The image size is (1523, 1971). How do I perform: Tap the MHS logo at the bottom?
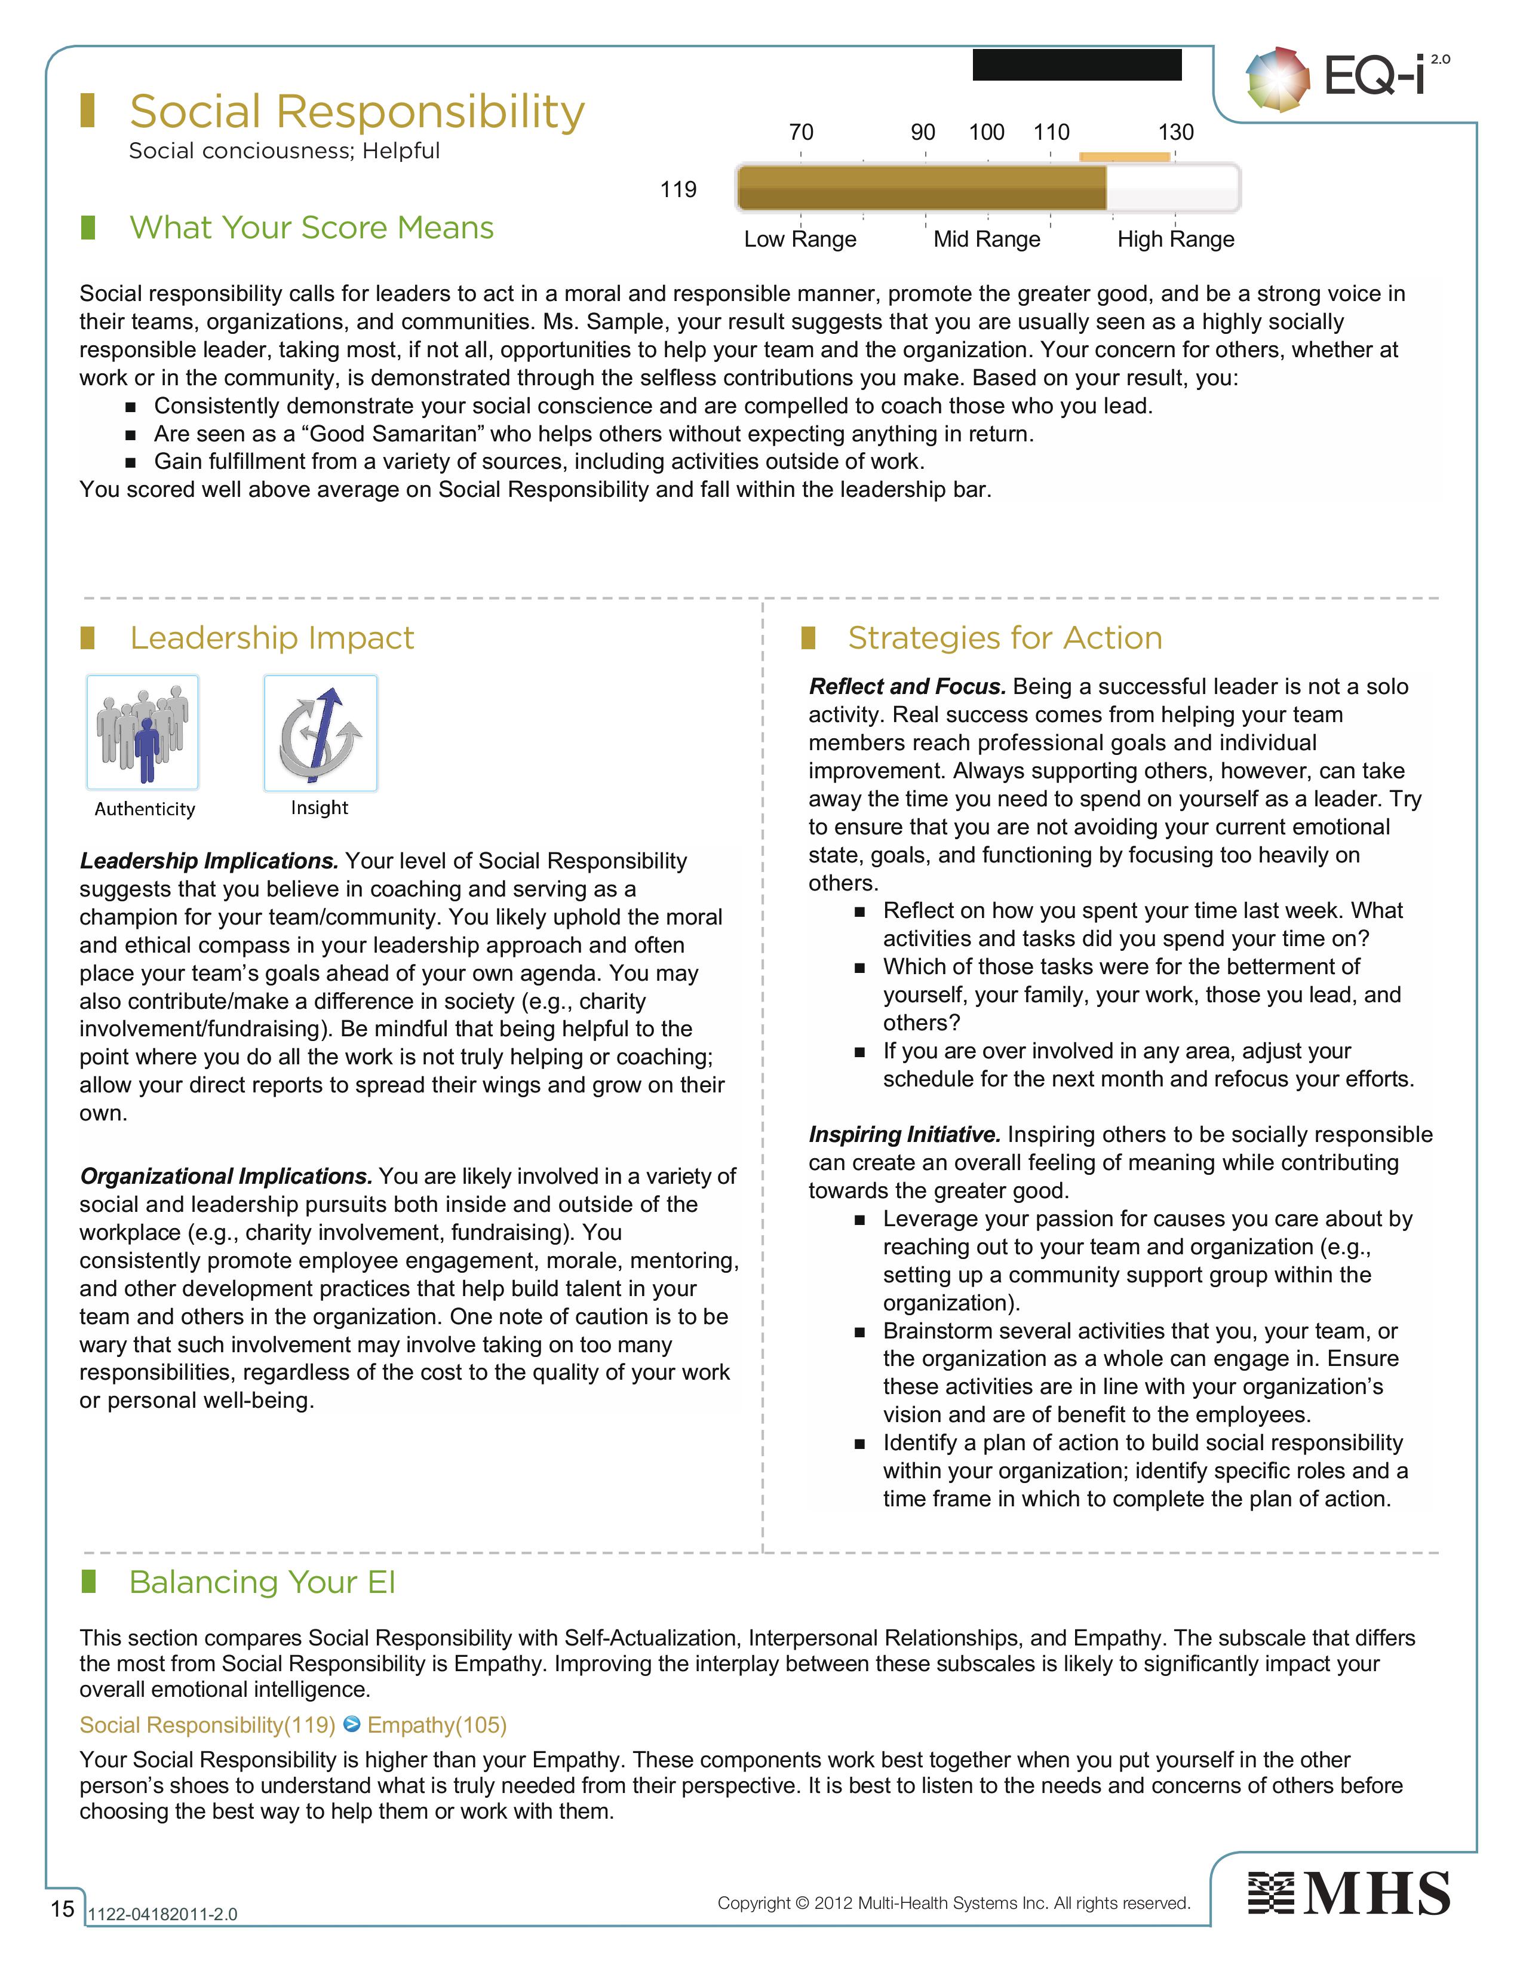[1348, 1893]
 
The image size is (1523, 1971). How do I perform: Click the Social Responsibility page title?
[357, 112]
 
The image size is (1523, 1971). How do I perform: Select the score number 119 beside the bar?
[678, 189]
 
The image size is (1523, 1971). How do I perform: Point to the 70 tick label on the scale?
[800, 133]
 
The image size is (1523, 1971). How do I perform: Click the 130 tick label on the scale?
[1175, 133]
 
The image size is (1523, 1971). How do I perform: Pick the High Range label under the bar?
[1175, 239]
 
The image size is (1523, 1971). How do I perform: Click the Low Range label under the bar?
[799, 239]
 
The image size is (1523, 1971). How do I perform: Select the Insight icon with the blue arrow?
[320, 733]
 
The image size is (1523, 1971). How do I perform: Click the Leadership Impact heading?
[272, 638]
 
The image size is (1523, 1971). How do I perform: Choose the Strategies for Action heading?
[1004, 638]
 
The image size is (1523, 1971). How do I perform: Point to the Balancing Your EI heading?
[262, 1583]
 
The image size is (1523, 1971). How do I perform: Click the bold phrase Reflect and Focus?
[907, 687]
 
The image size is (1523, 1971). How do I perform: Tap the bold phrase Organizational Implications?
[226, 1176]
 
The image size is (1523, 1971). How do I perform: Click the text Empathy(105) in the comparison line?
[437, 1725]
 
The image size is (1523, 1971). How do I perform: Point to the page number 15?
[62, 1908]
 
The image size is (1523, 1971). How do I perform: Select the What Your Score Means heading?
[311, 228]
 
